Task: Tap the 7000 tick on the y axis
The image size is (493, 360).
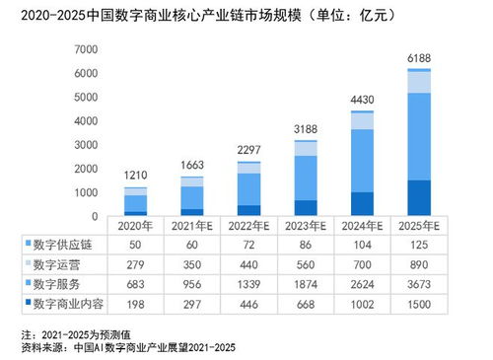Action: [x=86, y=48]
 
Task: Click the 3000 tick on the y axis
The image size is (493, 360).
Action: [x=86, y=144]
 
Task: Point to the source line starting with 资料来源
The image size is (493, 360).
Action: [x=128, y=348]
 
